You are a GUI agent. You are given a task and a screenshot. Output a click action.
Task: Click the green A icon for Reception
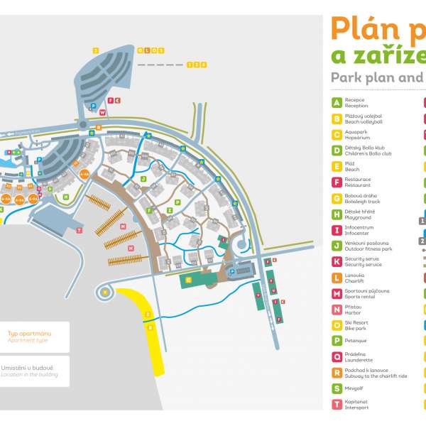[x=337, y=103]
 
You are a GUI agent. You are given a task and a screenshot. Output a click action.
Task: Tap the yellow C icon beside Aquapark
[x=337, y=135]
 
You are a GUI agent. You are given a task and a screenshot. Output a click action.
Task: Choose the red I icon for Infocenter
[x=337, y=229]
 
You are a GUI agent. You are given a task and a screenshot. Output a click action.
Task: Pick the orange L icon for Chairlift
[x=337, y=277]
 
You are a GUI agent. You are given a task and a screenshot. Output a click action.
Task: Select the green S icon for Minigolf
[x=337, y=388]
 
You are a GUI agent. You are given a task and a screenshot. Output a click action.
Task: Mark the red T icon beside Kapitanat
[x=337, y=404]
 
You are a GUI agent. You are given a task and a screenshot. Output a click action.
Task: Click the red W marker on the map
[x=102, y=112]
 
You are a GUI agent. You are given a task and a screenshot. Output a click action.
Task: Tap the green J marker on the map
[x=143, y=180]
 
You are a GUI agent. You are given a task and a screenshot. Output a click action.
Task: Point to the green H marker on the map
[x=66, y=197]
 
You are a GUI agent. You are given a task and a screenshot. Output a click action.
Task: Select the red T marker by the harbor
[x=79, y=230]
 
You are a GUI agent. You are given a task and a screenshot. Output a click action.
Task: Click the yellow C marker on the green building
[x=188, y=280]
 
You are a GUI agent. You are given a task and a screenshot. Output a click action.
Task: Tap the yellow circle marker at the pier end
[x=106, y=291]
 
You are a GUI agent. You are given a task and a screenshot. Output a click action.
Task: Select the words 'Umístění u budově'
[x=29, y=367]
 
